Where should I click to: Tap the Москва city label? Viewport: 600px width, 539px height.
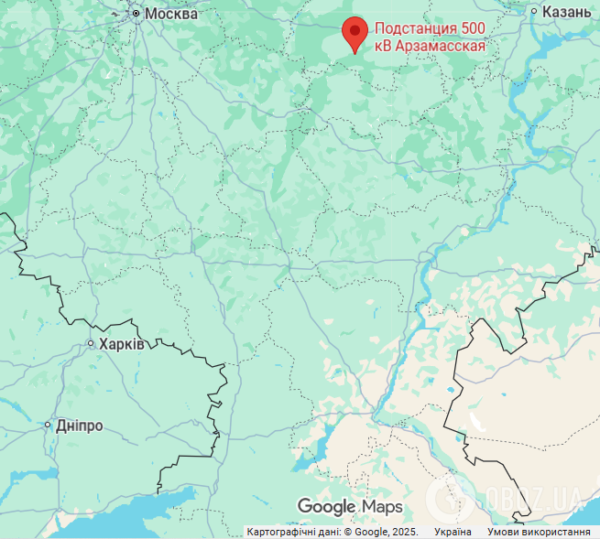pos(171,14)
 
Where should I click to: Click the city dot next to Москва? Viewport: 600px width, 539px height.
pos(136,14)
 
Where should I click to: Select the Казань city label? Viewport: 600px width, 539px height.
pos(567,12)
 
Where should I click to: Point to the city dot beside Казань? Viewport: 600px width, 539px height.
pos(534,12)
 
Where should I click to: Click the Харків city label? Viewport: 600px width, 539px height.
pos(122,344)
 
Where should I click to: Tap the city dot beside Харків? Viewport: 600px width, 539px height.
pos(91,344)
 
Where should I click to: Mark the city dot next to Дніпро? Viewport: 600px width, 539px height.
pos(49,426)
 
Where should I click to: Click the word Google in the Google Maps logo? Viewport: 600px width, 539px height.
pos(326,507)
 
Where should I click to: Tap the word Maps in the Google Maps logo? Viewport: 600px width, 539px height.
pos(382,506)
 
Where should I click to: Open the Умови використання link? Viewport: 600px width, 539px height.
pos(539,532)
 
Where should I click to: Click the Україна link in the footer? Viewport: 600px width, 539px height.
pos(453,532)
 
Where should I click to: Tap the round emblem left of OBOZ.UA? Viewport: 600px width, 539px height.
pos(450,498)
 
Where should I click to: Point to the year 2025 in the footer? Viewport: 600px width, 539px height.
pos(403,532)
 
